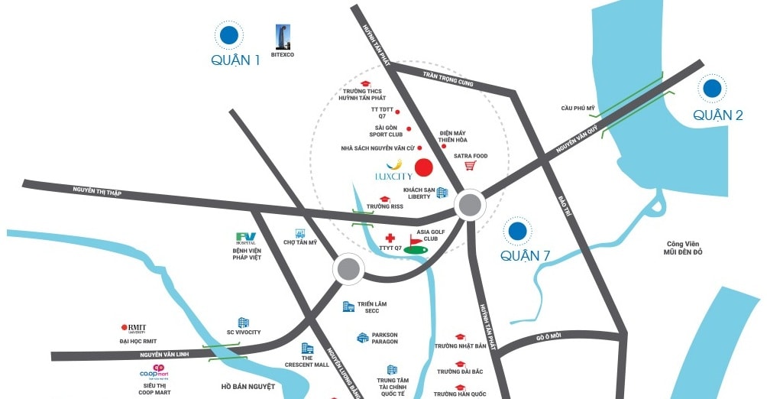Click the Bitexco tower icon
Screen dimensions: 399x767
pyautogui.click(x=282, y=36)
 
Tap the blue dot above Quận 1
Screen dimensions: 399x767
pyautogui.click(x=228, y=34)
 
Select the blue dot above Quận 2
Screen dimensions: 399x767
pyautogui.click(x=713, y=88)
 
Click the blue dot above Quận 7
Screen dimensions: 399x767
pyautogui.click(x=517, y=231)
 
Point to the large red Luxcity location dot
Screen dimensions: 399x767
pyautogui.click(x=423, y=167)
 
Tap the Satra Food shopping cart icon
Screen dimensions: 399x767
pyautogui.click(x=471, y=166)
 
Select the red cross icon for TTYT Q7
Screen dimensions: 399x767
pyautogui.click(x=390, y=238)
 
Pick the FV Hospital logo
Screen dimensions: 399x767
pyautogui.click(x=246, y=238)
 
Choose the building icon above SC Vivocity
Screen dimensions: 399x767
pyautogui.click(x=244, y=323)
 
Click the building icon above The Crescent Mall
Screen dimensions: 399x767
pyautogui.click(x=307, y=349)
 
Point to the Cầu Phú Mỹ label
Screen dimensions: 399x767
pyautogui.click(x=578, y=109)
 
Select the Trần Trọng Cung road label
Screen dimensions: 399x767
pyautogui.click(x=448, y=79)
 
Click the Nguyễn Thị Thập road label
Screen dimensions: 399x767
pyautogui.click(x=98, y=192)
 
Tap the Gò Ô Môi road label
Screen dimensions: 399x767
pyautogui.click(x=549, y=336)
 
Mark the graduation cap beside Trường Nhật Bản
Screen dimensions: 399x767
pyautogui.click(x=460, y=336)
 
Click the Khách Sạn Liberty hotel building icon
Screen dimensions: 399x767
pyautogui.click(x=442, y=193)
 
